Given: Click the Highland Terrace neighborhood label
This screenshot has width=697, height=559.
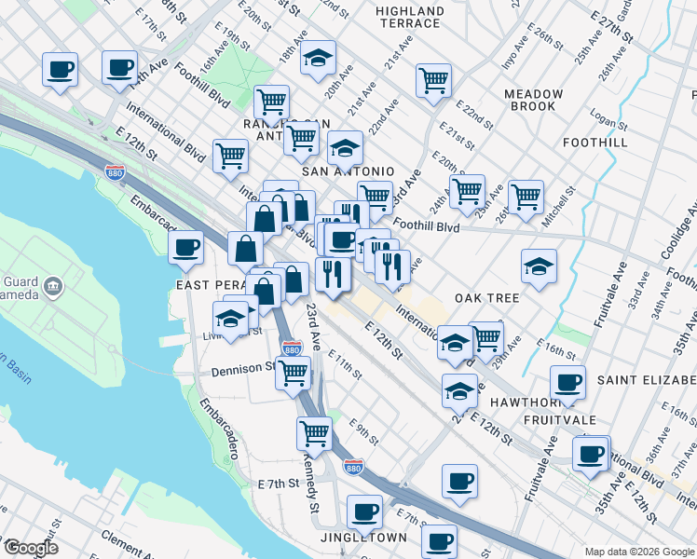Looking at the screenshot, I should [x=408, y=17].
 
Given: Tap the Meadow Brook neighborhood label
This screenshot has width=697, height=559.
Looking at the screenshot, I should [x=533, y=101].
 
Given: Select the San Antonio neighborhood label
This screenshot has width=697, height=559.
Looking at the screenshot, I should [x=348, y=172].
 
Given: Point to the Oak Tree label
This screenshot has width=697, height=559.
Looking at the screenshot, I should [x=486, y=297].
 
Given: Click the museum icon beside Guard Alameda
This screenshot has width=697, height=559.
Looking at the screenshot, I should [x=52, y=284].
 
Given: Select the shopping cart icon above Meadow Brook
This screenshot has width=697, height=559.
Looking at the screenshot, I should [x=433, y=82].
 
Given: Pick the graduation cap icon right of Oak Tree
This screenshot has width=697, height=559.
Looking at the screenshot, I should [x=539, y=266].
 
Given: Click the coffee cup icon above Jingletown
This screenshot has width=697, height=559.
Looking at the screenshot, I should [x=364, y=511].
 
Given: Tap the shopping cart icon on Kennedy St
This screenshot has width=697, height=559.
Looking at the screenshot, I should [x=314, y=432].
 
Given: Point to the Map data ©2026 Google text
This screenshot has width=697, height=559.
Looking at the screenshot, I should [x=638, y=551].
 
